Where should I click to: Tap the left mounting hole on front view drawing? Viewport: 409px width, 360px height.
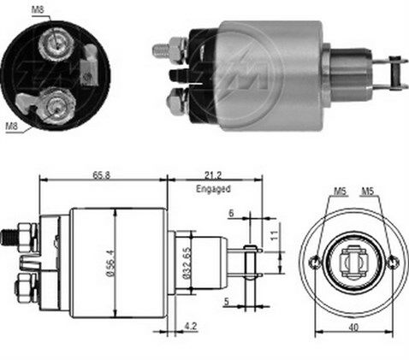click(x=317, y=262)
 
